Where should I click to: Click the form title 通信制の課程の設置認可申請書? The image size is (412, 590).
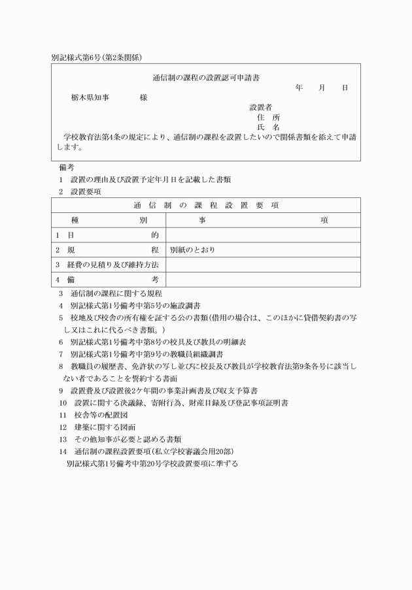point(206,77)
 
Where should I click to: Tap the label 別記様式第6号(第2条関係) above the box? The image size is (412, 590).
point(97,57)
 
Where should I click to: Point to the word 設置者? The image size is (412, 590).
point(261,107)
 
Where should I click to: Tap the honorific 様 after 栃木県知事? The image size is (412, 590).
point(143,97)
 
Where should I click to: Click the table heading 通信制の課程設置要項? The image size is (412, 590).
point(205,205)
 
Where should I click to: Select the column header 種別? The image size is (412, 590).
point(109,220)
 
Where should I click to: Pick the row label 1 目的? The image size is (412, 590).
point(109,235)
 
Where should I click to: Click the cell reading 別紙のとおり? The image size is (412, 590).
point(192,250)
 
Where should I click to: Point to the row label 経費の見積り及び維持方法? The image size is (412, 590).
point(109,265)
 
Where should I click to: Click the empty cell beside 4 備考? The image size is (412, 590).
point(263,280)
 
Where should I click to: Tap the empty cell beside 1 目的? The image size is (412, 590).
point(263,235)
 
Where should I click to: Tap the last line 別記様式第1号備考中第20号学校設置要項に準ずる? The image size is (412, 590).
point(152,463)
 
